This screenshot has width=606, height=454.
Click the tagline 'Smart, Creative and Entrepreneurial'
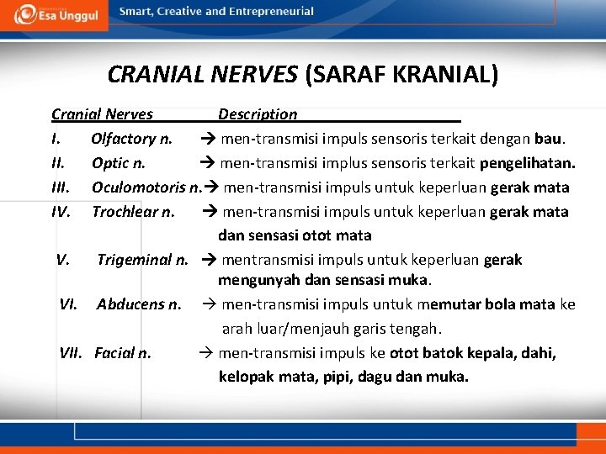(216, 12)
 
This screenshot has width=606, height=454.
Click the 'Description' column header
(258, 114)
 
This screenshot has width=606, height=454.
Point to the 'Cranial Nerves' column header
(102, 114)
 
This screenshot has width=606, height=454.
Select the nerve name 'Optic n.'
(118, 163)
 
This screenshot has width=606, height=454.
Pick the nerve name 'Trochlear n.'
(133, 212)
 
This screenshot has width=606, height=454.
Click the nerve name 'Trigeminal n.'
(142, 260)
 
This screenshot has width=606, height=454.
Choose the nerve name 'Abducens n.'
(139, 304)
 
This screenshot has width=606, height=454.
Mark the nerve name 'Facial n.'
(123, 353)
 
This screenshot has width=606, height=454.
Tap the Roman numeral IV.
(60, 212)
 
